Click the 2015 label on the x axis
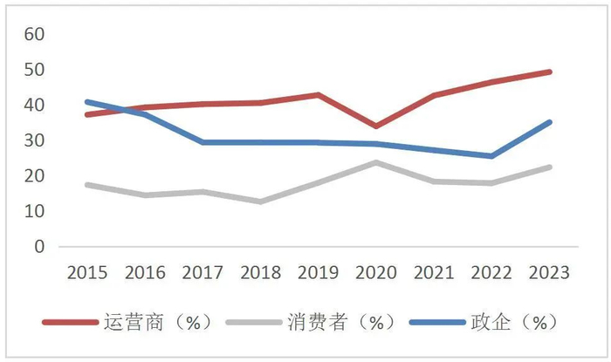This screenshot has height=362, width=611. click(x=87, y=273)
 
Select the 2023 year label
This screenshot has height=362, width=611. click(x=548, y=273)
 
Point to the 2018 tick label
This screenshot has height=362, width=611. click(x=259, y=273)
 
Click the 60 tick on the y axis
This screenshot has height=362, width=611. click(x=34, y=34)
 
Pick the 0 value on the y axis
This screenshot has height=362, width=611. click(x=39, y=247)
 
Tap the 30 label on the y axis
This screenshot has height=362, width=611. click(x=34, y=140)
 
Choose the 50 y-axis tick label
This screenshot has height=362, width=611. click(x=34, y=70)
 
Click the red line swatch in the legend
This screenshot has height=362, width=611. click(x=70, y=323)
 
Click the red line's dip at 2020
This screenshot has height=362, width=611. click(x=375, y=126)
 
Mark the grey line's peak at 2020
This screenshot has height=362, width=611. click(x=375, y=162)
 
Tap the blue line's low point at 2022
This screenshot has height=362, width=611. click(x=491, y=156)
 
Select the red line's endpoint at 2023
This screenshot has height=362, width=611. click(x=549, y=72)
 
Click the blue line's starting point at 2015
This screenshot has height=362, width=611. click(x=86, y=101)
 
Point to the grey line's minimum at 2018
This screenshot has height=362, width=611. click(x=260, y=201)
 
